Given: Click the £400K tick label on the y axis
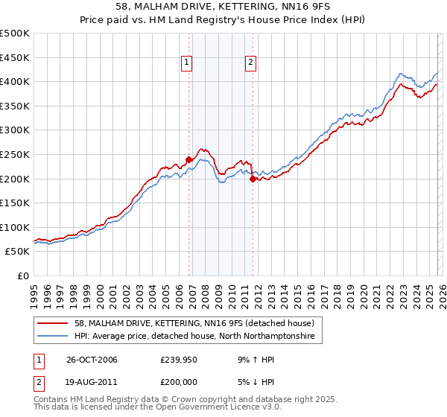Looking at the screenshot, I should [x=15, y=81].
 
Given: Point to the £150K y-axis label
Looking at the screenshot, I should [x=15, y=203].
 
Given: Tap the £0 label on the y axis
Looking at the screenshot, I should [x=22, y=276].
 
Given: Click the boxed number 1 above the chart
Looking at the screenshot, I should [x=186, y=63].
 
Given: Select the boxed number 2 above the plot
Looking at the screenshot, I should [x=250, y=63].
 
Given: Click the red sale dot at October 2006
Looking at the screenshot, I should [x=189, y=159].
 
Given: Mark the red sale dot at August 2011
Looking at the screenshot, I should [x=253, y=179].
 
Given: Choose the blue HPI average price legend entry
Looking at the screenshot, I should [x=195, y=337].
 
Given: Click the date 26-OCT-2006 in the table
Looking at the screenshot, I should [x=92, y=360].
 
